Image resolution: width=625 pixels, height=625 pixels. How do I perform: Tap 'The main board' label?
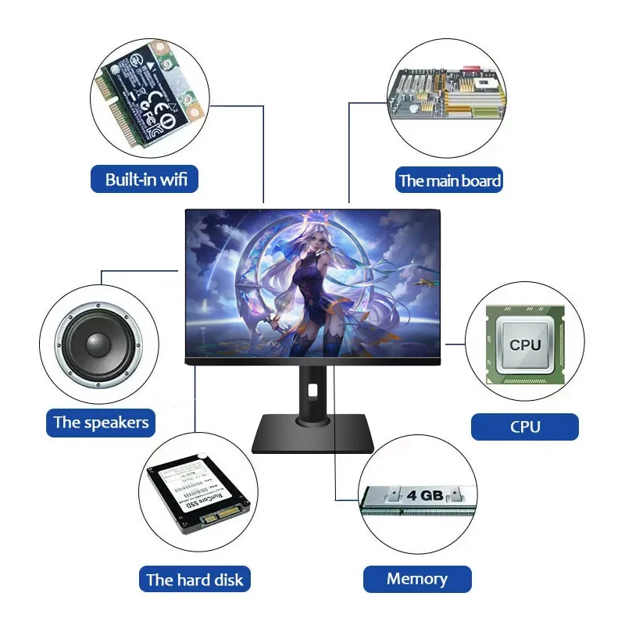[449, 181]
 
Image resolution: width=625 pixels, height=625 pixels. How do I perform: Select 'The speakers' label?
[100, 423]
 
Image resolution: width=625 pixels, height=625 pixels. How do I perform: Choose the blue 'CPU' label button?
[524, 427]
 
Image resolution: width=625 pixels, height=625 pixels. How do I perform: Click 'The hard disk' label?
[195, 580]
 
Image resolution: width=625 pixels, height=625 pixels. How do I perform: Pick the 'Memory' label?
[417, 579]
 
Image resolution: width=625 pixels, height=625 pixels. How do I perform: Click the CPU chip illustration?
[524, 345]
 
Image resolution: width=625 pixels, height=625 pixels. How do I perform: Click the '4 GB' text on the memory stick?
[426, 495]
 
